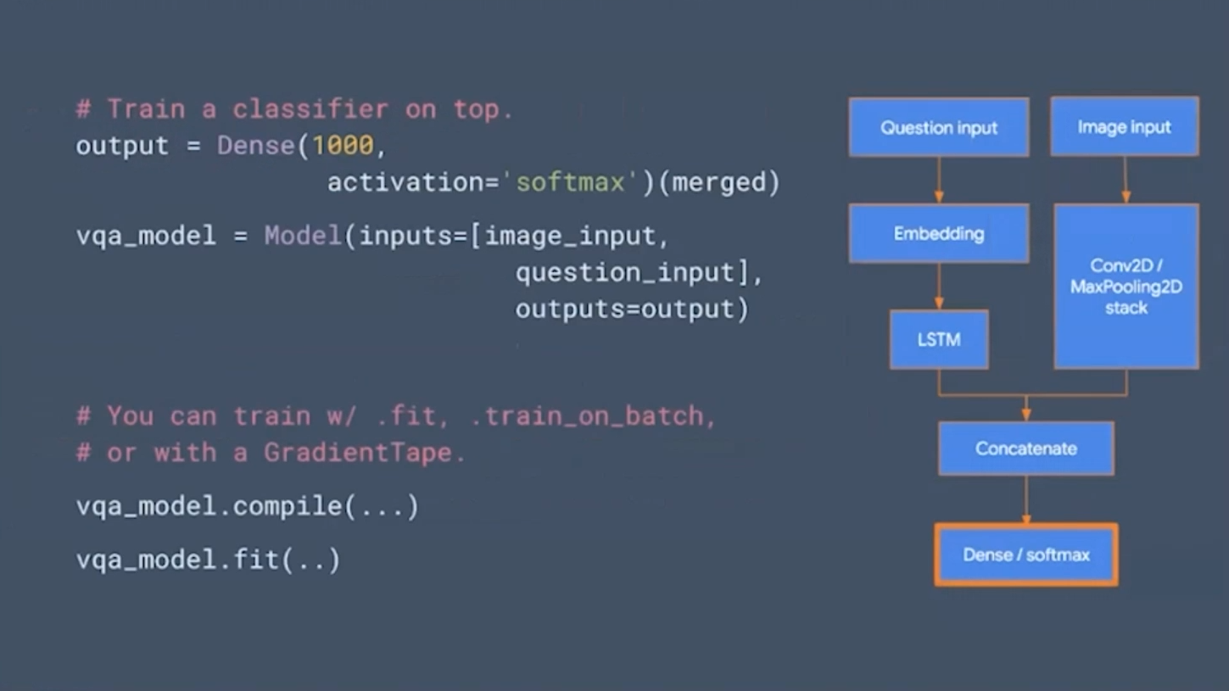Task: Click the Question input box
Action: pos(938,127)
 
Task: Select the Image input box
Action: pos(1124,126)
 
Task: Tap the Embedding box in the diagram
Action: pos(938,233)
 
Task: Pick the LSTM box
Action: pos(938,339)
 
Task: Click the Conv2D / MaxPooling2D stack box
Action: pos(1126,287)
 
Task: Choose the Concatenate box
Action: pos(1025,449)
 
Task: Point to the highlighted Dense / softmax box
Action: pos(1025,555)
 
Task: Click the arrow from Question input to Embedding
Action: pos(939,180)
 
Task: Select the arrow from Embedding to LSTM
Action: pos(939,286)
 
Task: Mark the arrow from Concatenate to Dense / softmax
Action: pos(1026,499)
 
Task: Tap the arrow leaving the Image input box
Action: pos(1126,180)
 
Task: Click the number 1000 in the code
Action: pos(343,146)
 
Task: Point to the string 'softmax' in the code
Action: pos(571,182)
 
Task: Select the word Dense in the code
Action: pos(255,146)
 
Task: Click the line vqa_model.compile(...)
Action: pos(248,507)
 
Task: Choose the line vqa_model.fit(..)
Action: pos(209,560)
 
